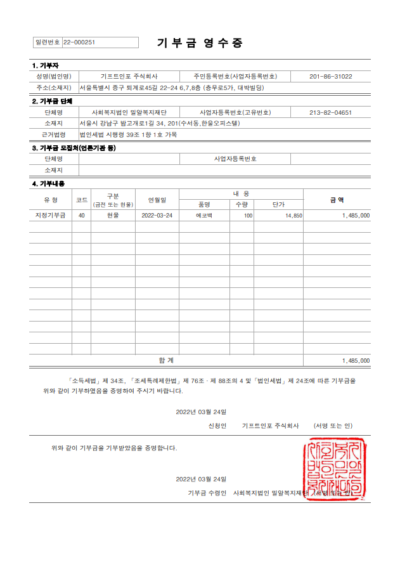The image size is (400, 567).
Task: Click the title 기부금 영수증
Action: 200,43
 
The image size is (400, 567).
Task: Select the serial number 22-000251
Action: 79,42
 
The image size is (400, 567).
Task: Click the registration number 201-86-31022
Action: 330,76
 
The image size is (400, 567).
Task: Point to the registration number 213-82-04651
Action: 330,112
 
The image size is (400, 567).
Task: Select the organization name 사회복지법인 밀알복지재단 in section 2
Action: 129,112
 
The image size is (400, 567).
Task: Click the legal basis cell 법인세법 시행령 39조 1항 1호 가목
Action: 128,134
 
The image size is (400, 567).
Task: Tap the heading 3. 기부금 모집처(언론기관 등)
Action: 74,148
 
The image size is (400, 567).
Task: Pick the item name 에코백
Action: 204,216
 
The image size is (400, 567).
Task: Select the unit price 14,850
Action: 294,216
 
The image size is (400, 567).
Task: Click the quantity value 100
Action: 248,216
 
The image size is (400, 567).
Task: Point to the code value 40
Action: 81,216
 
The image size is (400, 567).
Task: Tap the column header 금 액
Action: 337,199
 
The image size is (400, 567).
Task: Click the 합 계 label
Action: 166,360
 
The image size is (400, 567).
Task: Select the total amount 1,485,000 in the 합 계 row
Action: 355,360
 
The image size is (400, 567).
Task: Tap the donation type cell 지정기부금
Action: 50,216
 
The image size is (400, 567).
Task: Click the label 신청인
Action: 217,426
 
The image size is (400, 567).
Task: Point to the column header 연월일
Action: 157,199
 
